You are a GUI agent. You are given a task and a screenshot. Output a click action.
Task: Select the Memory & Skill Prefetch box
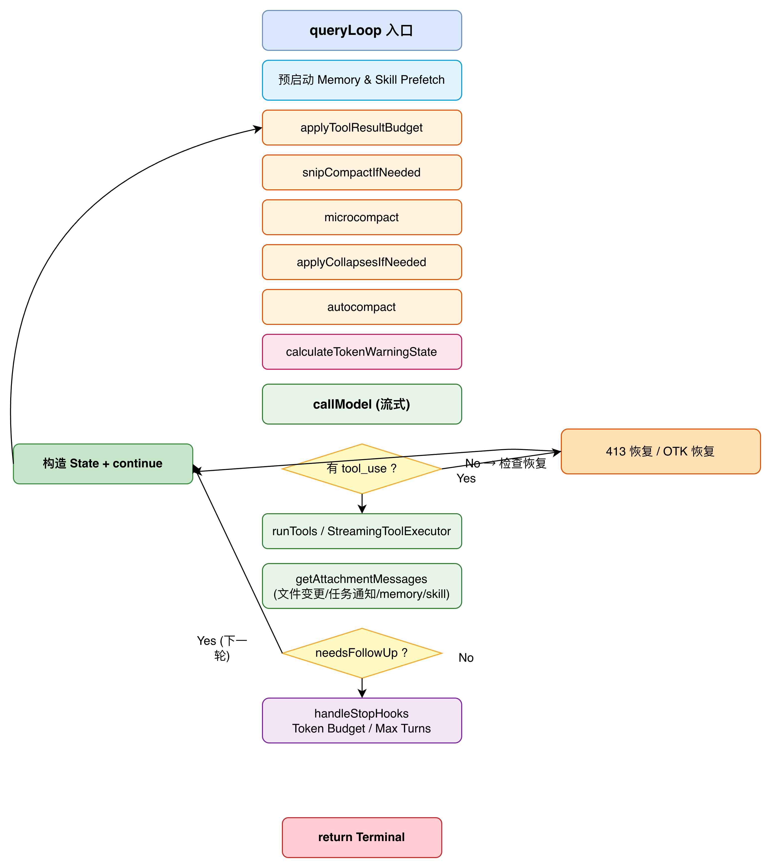point(362,80)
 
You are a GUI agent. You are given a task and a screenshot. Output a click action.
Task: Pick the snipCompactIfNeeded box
point(362,172)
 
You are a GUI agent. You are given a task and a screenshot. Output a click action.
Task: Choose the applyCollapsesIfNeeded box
point(362,262)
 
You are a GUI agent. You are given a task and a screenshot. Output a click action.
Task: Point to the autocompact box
point(362,307)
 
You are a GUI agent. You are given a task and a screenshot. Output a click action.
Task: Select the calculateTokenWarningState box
point(362,352)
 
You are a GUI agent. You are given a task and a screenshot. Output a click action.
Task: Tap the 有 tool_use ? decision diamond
point(362,469)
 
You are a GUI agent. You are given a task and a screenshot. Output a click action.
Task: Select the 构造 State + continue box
point(103,464)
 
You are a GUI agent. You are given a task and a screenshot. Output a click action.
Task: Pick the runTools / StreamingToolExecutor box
point(362,531)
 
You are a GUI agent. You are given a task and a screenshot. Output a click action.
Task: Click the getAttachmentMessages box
point(362,586)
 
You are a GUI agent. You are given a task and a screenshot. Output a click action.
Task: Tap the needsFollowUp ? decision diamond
point(362,653)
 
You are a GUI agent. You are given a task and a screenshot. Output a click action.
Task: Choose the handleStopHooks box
point(362,721)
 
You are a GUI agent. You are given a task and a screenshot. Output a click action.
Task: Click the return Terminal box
point(362,837)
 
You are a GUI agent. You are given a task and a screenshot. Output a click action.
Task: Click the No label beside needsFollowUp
point(466,658)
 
